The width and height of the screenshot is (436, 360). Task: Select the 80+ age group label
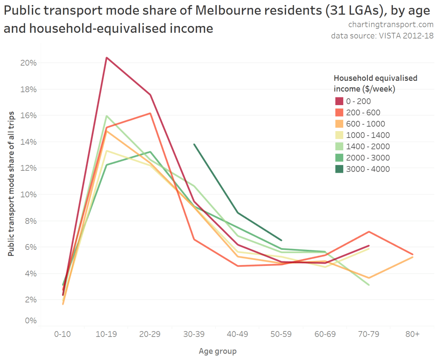coord(412,334)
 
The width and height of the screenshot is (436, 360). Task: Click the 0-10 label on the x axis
coord(62,334)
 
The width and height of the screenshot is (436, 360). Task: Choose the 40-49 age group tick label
coord(237,334)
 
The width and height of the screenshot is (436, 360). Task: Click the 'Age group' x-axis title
coord(218,351)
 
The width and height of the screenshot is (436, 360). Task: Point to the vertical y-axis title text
coord(11,183)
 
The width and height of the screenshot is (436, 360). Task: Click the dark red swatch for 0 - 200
coord(339,101)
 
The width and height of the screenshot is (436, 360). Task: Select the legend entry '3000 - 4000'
coord(368,169)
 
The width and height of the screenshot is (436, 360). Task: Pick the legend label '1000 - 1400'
coord(368,135)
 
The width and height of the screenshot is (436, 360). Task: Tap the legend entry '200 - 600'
coord(364,113)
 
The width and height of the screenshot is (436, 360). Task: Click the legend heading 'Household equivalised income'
coord(375,78)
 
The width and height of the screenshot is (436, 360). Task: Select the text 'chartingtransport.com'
coord(391,25)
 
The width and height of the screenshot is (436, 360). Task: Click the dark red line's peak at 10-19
coord(106,57)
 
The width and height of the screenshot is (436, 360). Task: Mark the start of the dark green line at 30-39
coord(194,144)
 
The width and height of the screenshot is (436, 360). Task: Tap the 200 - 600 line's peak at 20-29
coord(150,113)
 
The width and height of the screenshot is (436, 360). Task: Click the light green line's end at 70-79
coord(369,285)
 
